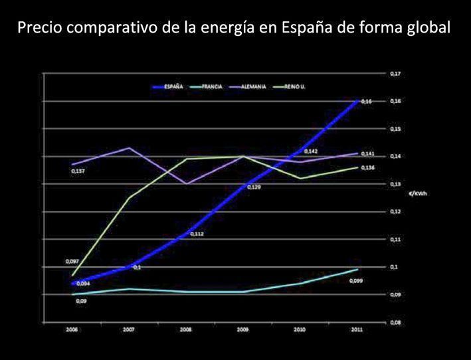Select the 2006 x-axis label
[72, 330]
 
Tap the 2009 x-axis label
[243, 330]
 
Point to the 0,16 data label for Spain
[367, 101]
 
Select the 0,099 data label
[357, 281]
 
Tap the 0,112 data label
[197, 234]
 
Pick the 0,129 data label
[254, 188]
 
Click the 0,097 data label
[72, 262]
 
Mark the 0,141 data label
[368, 154]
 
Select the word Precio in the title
[37, 30]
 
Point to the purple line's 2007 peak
[129, 147]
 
